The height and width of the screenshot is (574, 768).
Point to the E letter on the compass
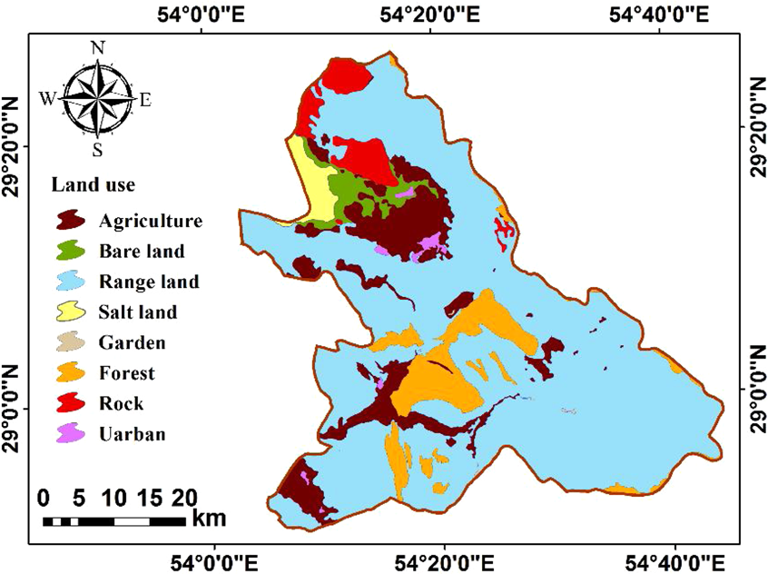(x=145, y=100)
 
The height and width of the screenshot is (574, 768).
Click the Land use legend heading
(x=93, y=185)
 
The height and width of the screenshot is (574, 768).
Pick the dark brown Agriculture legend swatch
(x=72, y=221)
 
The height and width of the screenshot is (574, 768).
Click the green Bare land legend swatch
(x=72, y=252)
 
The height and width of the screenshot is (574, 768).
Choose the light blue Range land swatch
(x=72, y=282)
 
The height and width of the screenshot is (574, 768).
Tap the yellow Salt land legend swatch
(x=72, y=313)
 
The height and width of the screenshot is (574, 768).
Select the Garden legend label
(x=133, y=343)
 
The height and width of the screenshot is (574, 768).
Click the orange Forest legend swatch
(x=72, y=373)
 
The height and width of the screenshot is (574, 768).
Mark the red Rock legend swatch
(x=72, y=404)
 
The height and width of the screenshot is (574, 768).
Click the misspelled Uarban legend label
(x=133, y=434)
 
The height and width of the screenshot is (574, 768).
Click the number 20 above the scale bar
(x=183, y=499)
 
